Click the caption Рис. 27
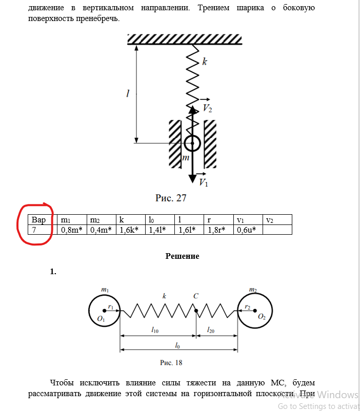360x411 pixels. [171, 198]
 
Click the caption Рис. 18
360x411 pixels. [171, 362]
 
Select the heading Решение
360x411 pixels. [182, 256]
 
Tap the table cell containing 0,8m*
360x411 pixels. [71, 230]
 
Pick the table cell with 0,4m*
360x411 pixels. [101, 230]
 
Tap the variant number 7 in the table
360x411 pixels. [34, 230]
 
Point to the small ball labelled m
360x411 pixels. [192, 143]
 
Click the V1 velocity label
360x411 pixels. [203, 182]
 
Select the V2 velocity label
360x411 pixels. [207, 108]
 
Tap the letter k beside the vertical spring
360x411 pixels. [205, 62]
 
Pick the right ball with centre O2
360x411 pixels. [253, 310]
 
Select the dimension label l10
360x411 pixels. [155, 331]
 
